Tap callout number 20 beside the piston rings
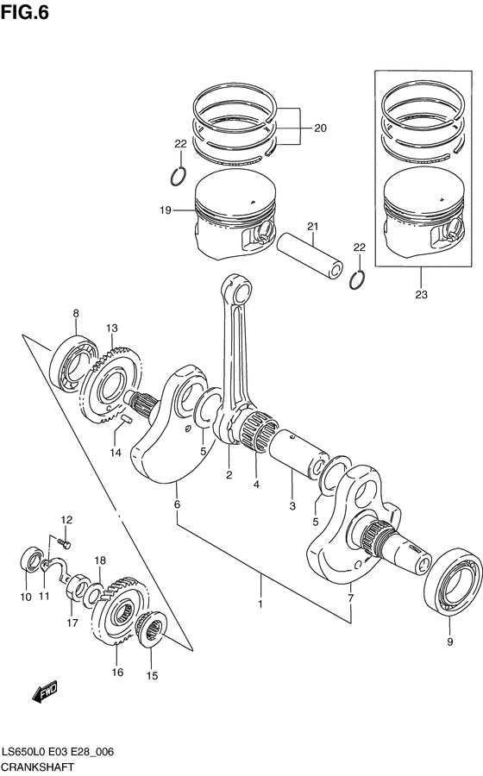[x=320, y=128]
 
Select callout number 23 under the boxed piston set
[x=420, y=294]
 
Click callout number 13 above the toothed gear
[x=111, y=329]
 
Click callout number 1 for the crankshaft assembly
[x=260, y=605]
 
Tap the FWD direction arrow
[x=44, y=692]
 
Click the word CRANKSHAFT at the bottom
[x=37, y=767]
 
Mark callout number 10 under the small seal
[x=26, y=597]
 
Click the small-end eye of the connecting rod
[x=235, y=287]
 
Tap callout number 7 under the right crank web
[x=350, y=598]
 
